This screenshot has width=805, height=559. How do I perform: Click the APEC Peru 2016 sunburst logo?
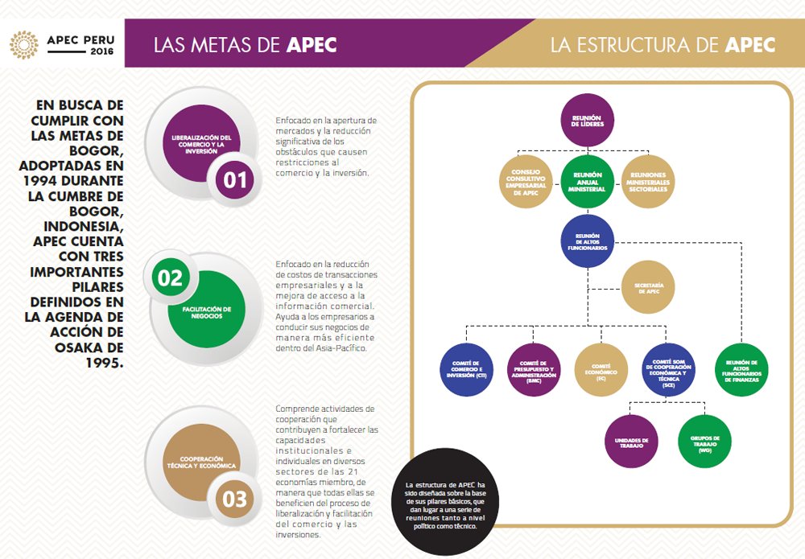point(23,45)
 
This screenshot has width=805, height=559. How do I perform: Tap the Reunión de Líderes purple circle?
point(587,121)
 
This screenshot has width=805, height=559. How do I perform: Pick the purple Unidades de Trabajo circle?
point(632,440)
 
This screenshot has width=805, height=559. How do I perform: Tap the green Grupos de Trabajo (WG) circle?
point(705,440)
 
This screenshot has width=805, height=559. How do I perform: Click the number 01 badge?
point(235,179)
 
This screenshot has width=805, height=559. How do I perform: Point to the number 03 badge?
point(234,499)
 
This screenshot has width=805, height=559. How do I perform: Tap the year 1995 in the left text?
point(105,363)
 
